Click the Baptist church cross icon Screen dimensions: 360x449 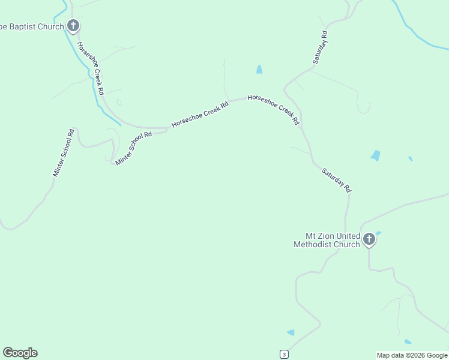click(x=73, y=26)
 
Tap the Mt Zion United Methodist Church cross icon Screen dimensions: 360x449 click(x=369, y=240)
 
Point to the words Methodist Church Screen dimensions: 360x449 click(x=327, y=244)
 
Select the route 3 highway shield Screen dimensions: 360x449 click(x=284, y=354)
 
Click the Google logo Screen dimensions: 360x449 click(x=20, y=353)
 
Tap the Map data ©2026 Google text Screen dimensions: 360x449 click(x=412, y=355)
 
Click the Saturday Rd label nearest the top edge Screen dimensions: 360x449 click(x=320, y=47)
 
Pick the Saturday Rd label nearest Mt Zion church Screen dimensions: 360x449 click(x=336, y=180)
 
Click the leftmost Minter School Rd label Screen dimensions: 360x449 click(x=63, y=152)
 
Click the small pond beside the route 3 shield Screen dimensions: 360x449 click(x=291, y=332)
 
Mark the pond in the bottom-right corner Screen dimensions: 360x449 click(x=408, y=341)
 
